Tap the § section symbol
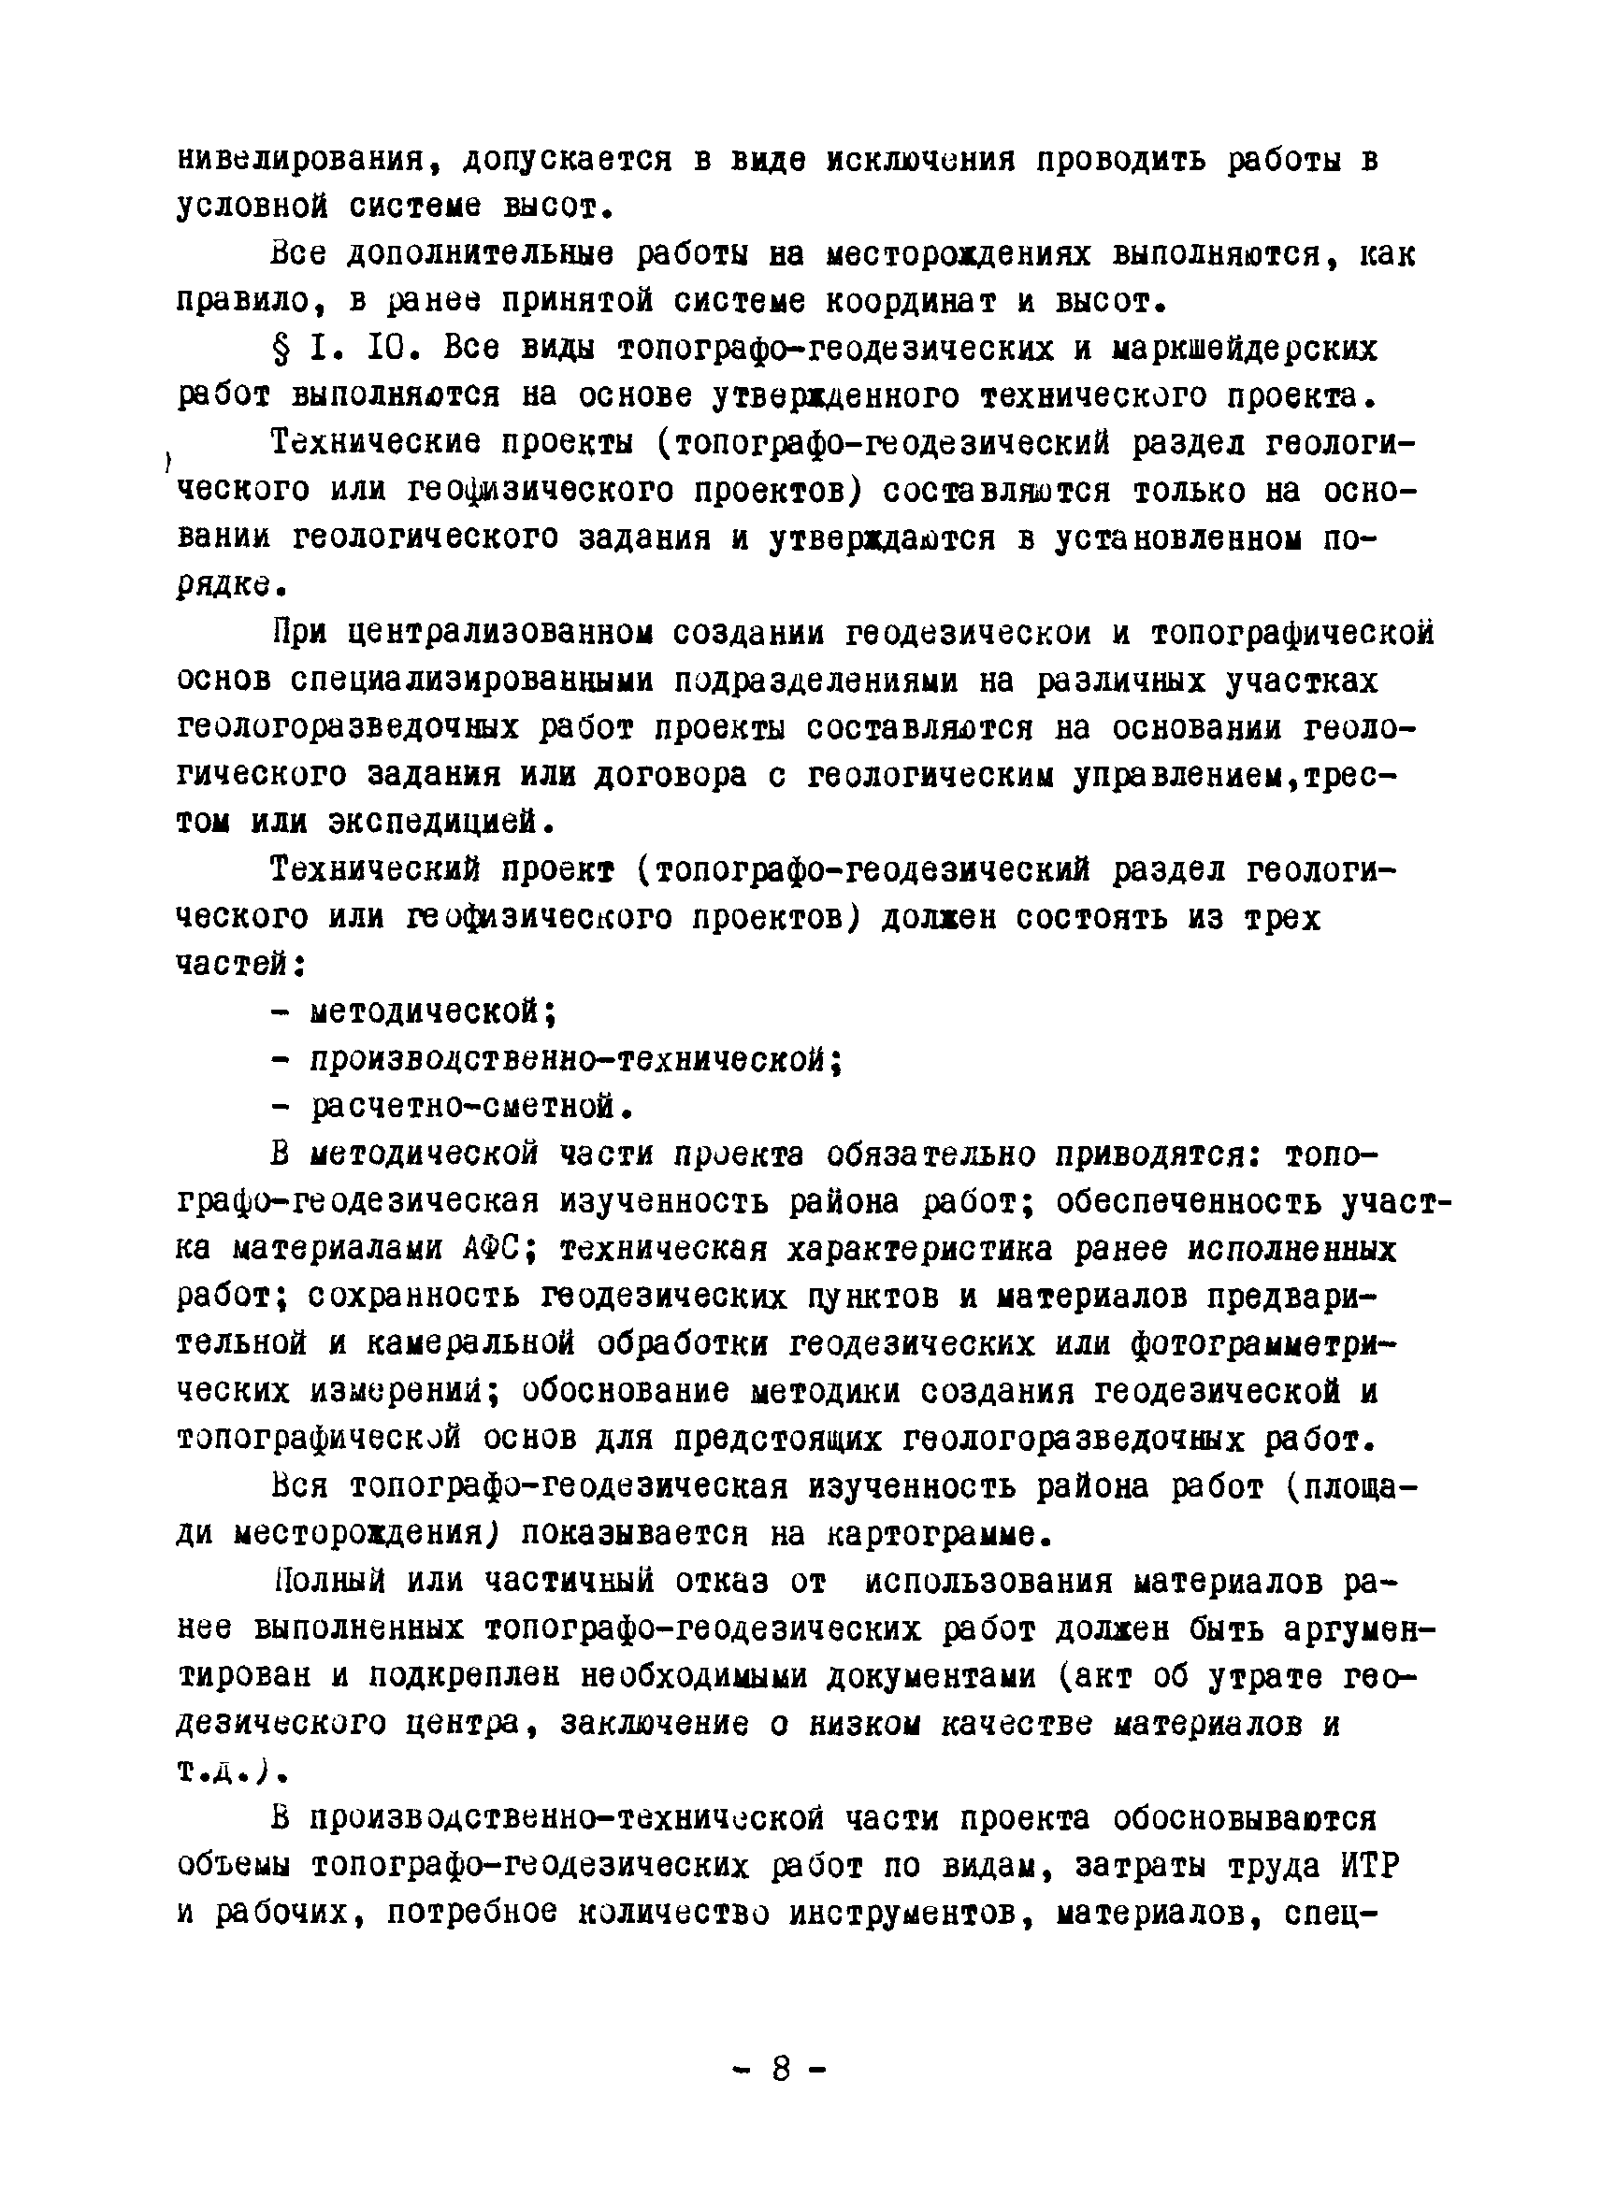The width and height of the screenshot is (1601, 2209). tap(281, 349)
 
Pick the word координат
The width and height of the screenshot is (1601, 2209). tap(910, 302)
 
